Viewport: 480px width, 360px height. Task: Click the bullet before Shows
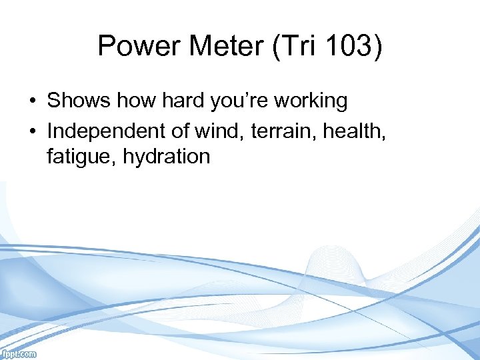coord(32,102)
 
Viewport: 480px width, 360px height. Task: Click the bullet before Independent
coord(32,130)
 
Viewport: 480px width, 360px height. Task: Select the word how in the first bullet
coord(126,101)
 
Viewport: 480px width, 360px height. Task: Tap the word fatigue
coord(75,157)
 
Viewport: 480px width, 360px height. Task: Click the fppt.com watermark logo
coord(19,354)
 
